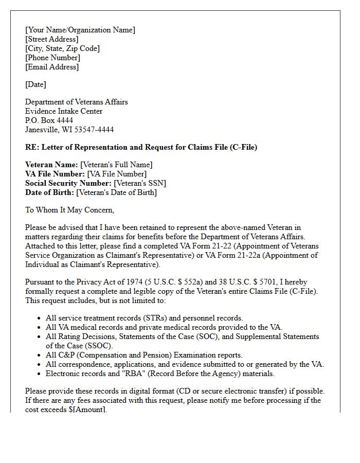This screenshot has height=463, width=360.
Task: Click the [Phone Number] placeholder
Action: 52,58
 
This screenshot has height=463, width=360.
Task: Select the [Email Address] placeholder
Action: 52,67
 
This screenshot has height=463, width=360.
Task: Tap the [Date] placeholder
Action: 35,84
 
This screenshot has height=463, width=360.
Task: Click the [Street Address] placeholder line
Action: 52,39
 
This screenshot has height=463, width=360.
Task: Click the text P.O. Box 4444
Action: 49,120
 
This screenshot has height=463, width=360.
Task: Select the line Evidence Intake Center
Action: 64,111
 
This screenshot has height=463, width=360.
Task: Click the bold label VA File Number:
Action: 55,174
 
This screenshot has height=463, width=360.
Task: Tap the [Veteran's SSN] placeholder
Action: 140,183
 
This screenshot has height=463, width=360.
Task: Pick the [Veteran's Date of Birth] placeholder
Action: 117,192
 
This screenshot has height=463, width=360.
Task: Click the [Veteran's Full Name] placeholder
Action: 116,165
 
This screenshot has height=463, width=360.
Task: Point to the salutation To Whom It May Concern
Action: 70,210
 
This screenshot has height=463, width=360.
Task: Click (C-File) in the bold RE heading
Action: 242,147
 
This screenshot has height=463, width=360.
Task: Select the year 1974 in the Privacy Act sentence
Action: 133,282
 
